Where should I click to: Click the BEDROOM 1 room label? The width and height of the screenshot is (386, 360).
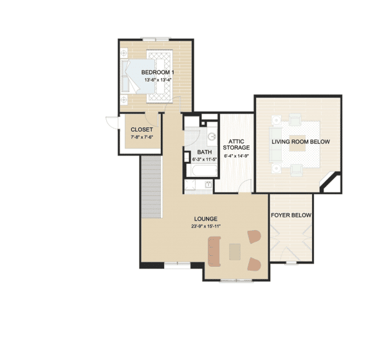[158, 73]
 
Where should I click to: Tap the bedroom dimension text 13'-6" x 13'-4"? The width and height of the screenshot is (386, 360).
[158, 80]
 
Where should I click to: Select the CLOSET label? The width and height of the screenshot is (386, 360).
[142, 130]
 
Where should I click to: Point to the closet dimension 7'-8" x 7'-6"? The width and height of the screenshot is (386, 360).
[142, 137]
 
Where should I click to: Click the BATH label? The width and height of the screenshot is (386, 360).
[205, 152]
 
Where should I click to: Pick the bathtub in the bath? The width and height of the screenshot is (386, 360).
[201, 170]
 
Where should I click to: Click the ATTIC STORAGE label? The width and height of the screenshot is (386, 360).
[236, 145]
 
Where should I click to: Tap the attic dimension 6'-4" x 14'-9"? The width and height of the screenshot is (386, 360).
[236, 156]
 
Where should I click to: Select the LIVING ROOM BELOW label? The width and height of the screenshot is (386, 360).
[300, 141]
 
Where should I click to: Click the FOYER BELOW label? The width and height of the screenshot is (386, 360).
[291, 215]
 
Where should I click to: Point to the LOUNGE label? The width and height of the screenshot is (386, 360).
[206, 219]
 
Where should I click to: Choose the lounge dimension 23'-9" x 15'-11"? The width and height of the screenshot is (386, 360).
[206, 226]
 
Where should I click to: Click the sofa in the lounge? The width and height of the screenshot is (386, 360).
[214, 251]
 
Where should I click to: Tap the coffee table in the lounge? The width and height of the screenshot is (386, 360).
[235, 252]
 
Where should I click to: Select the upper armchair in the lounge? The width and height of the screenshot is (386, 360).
[254, 237]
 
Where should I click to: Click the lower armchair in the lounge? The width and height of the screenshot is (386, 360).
[254, 264]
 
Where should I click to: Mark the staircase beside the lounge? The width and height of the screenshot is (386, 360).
[151, 187]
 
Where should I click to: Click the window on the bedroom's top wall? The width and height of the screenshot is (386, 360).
[156, 39]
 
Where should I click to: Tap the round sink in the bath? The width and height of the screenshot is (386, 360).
[212, 136]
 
